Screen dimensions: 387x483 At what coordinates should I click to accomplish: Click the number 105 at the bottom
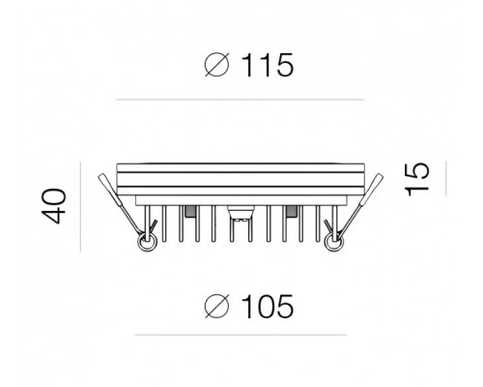(264, 308)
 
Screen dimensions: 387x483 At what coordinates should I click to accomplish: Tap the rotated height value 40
(60, 205)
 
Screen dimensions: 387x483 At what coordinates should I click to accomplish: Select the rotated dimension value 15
(416, 179)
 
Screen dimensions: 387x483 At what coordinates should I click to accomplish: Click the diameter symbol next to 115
(216, 67)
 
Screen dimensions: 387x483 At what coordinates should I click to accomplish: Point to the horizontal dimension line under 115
(240, 100)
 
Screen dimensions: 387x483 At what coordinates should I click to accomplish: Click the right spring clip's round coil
(335, 242)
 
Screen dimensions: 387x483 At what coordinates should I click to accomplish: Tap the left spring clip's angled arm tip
(102, 180)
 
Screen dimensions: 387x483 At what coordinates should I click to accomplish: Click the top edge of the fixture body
(240, 162)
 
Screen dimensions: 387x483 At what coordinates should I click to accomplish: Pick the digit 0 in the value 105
(264, 308)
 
